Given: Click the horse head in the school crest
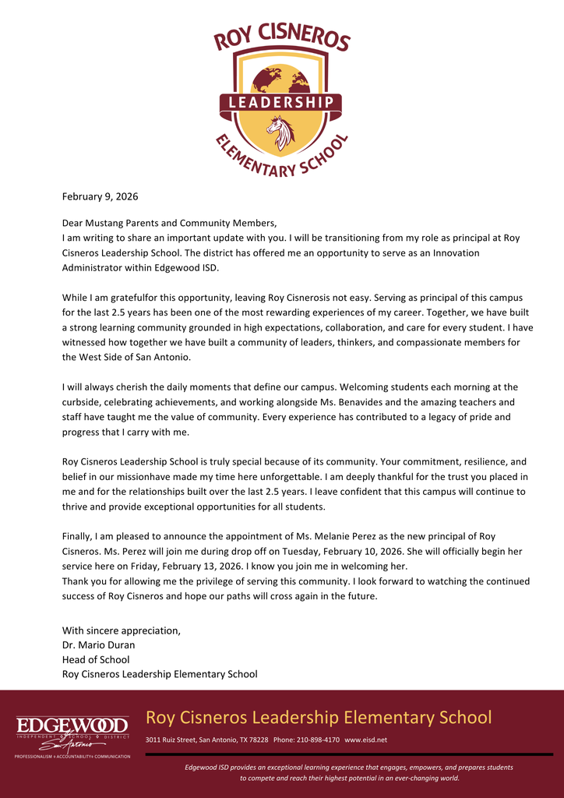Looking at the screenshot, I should pos(280,132).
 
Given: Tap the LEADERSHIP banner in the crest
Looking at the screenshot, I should pos(280,102).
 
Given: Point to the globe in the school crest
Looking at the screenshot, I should pos(280,78).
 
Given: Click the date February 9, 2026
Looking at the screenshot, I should pos(100,196).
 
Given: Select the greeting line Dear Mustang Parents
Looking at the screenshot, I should pos(169,223).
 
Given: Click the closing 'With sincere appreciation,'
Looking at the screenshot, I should pos(121,630).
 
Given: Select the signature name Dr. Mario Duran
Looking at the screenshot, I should pos(98,644).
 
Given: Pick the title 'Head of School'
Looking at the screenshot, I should pos(96,659).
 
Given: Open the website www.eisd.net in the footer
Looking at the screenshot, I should pos(365,740).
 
